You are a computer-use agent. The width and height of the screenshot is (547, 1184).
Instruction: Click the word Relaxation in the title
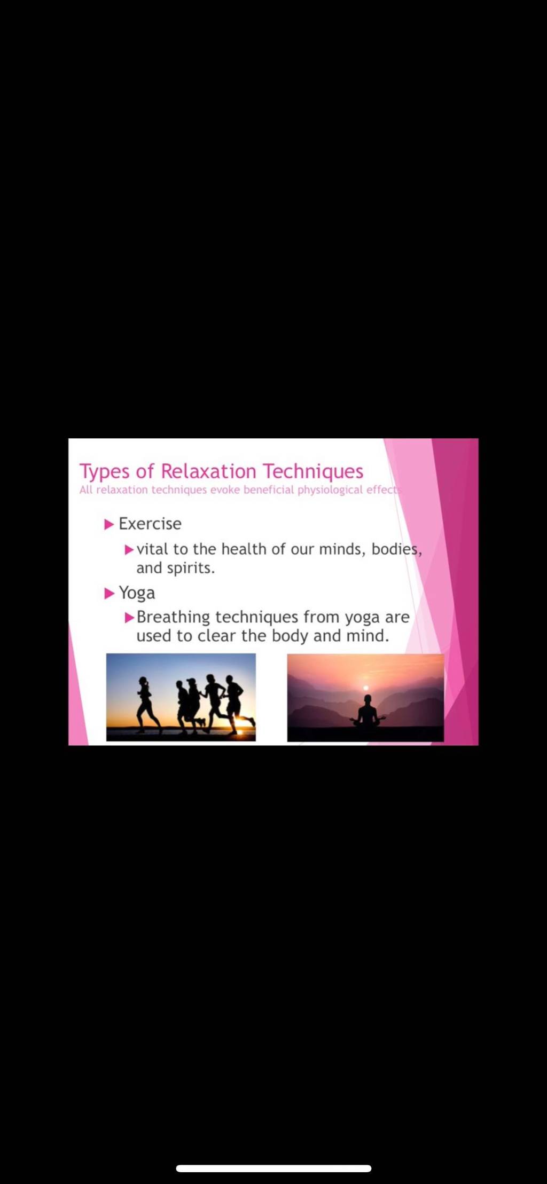click(x=208, y=471)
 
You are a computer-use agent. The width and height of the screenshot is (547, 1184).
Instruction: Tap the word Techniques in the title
click(x=313, y=472)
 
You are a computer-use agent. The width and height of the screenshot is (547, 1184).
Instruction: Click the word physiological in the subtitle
click(x=330, y=490)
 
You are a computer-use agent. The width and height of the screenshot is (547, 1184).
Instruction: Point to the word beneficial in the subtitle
click(x=269, y=490)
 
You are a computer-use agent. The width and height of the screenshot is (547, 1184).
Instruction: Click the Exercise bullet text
click(x=150, y=524)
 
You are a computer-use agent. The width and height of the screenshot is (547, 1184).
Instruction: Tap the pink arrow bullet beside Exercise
click(x=109, y=524)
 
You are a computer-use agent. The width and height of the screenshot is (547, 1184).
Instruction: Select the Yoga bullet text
click(x=137, y=593)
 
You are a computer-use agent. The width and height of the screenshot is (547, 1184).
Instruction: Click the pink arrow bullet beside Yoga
click(x=109, y=594)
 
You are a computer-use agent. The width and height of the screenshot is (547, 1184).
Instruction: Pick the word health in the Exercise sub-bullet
click(x=244, y=549)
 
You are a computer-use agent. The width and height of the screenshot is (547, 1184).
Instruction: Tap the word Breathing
click(x=173, y=618)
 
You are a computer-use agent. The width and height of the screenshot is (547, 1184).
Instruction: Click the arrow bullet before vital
click(x=129, y=549)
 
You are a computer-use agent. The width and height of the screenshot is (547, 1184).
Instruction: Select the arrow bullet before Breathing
click(x=129, y=618)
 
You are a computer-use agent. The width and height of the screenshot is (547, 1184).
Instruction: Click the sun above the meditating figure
click(x=366, y=688)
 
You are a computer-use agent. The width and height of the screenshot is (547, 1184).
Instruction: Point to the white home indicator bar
click(x=273, y=1169)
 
